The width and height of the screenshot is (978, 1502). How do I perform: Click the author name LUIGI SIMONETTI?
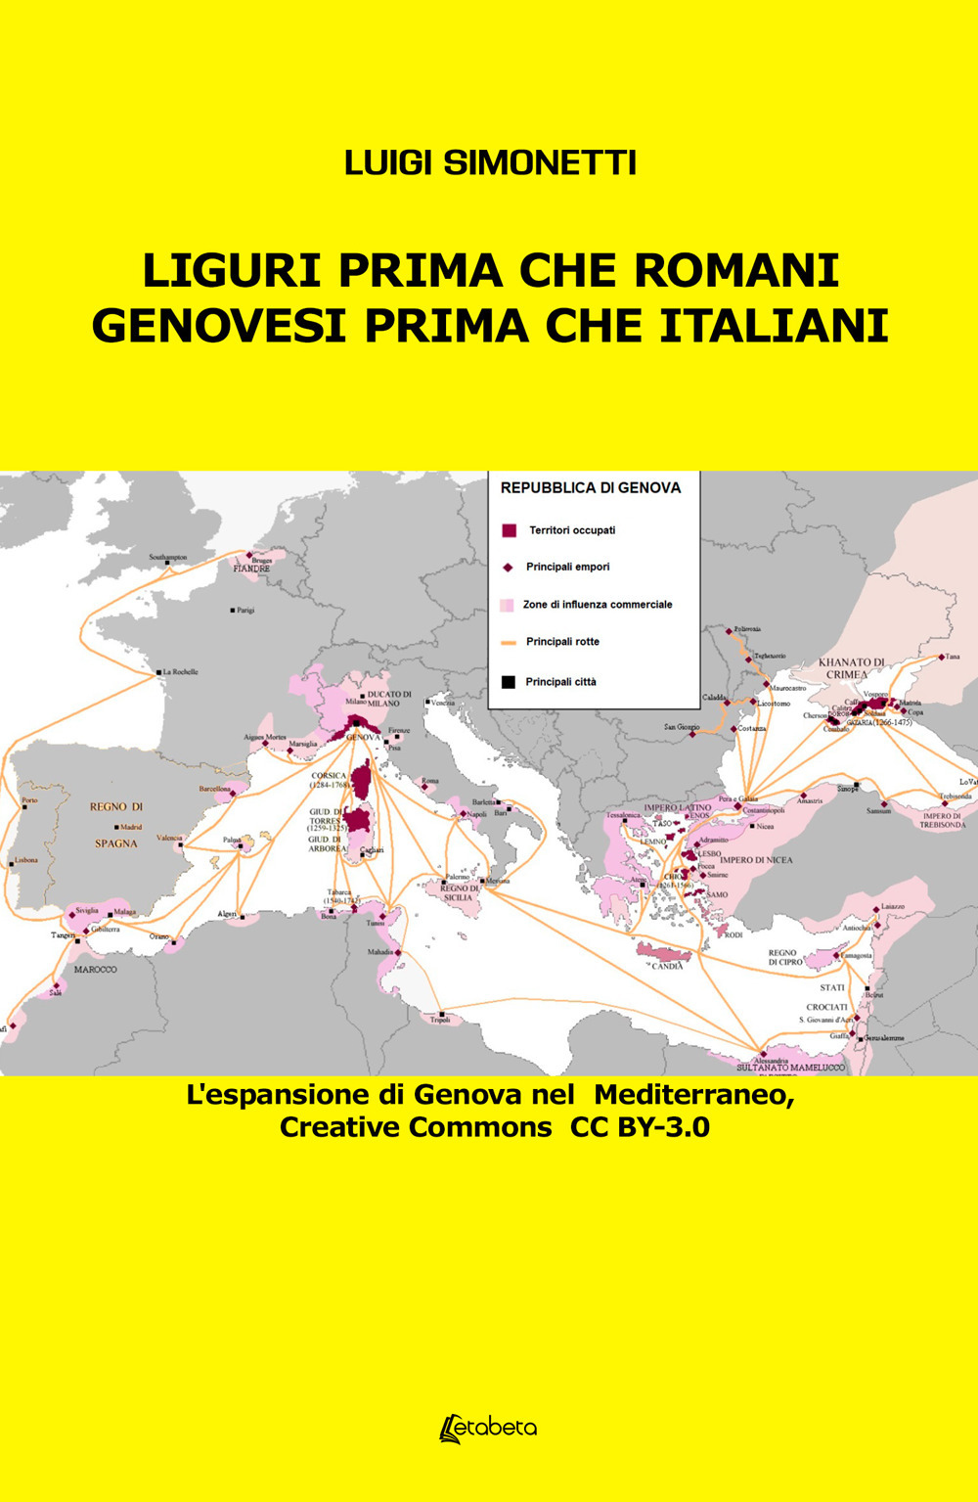pyautogui.click(x=490, y=163)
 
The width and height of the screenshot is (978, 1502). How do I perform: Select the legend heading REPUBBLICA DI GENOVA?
pyautogui.click(x=591, y=487)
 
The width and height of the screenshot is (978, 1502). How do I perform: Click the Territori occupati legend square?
pyautogui.click(x=509, y=530)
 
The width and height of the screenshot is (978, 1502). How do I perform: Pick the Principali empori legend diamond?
pyautogui.click(x=508, y=568)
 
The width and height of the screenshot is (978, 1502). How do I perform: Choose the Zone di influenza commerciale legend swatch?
pyautogui.click(x=507, y=605)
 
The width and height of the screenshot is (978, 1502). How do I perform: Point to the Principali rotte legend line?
pyautogui.click(x=508, y=643)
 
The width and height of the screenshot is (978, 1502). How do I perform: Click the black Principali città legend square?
pyautogui.click(x=508, y=681)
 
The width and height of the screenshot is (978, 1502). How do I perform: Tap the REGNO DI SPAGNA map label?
pyautogui.click(x=116, y=824)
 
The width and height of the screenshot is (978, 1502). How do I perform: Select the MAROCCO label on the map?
pyautogui.click(x=95, y=970)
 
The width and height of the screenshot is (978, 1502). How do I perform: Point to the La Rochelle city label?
pyautogui.click(x=180, y=672)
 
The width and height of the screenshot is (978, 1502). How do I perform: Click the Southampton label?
pyautogui.click(x=167, y=558)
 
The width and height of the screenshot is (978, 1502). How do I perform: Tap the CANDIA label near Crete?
pyautogui.click(x=667, y=966)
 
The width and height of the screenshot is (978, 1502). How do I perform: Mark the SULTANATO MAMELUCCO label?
pyautogui.click(x=791, y=1068)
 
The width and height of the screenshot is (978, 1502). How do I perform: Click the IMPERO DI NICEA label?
pyautogui.click(x=757, y=860)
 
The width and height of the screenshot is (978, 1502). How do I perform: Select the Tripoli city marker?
pyautogui.click(x=442, y=1013)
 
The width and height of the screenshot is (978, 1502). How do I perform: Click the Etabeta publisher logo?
pyautogui.click(x=489, y=1428)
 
